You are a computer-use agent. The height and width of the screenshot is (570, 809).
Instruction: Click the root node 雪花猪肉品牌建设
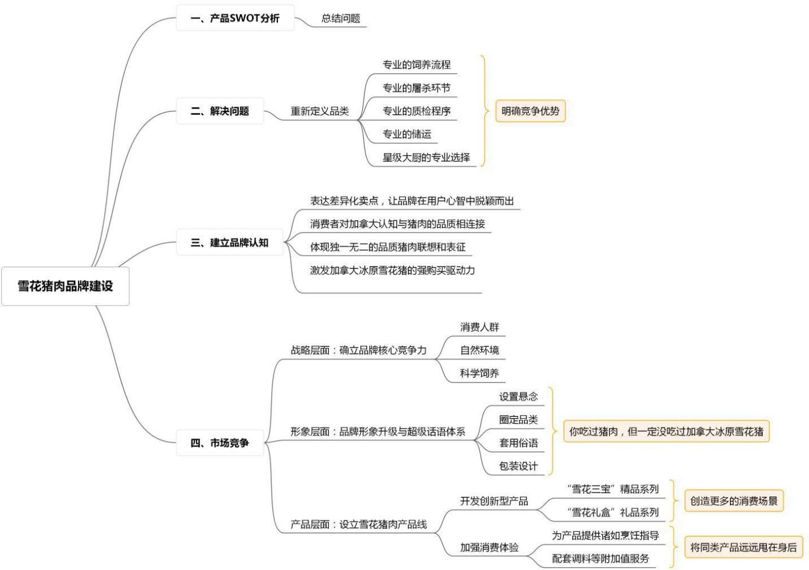click(x=65, y=286)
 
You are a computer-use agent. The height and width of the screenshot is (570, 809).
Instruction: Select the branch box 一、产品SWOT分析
click(x=235, y=18)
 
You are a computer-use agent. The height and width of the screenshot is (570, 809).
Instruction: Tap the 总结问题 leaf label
click(x=341, y=18)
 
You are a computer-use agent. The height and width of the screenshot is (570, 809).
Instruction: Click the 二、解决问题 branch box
click(x=220, y=111)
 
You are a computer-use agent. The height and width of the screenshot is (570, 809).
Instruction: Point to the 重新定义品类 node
click(x=320, y=111)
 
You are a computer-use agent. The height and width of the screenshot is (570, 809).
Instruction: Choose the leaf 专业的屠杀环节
click(x=417, y=88)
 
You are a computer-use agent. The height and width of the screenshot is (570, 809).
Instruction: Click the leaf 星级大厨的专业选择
click(x=426, y=157)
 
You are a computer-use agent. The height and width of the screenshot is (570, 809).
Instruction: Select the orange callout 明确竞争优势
click(x=530, y=111)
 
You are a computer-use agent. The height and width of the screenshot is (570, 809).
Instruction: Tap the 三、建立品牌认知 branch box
click(x=229, y=243)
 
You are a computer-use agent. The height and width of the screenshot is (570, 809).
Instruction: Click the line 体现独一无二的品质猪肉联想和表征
click(x=388, y=247)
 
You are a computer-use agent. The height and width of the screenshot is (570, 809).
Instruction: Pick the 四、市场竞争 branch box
click(x=220, y=443)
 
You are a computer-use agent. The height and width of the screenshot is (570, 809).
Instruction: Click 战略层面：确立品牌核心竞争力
click(x=359, y=350)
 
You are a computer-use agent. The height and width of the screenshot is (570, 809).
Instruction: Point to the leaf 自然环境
click(x=480, y=350)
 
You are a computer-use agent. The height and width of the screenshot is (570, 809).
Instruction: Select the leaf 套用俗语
click(x=519, y=443)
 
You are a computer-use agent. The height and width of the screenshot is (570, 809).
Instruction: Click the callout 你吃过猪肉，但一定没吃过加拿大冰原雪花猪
click(x=666, y=431)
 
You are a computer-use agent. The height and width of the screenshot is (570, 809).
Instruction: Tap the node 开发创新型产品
click(x=494, y=501)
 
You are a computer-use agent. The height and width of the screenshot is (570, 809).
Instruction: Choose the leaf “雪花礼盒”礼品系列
click(x=612, y=512)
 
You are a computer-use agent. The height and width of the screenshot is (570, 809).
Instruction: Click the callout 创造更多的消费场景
click(x=734, y=501)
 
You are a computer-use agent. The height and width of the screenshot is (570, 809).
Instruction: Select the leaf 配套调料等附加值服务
click(x=600, y=559)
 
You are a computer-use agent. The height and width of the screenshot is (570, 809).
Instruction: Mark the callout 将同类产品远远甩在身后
click(x=743, y=547)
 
